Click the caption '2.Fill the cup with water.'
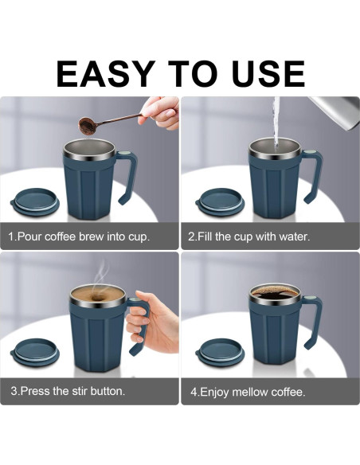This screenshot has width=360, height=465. (x=248, y=236)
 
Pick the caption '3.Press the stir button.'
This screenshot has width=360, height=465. (x=68, y=391)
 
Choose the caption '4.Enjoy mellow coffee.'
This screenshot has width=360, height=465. (x=248, y=392)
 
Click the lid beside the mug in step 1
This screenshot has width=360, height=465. (x=33, y=199)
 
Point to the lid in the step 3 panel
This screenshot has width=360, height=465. (x=33, y=353)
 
